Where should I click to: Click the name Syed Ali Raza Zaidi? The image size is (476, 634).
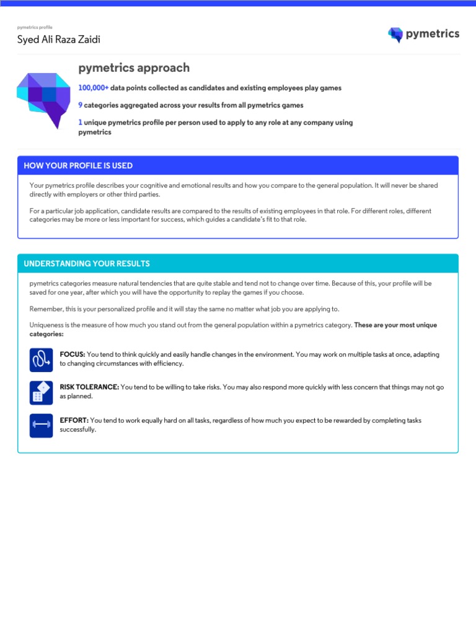pos(58,40)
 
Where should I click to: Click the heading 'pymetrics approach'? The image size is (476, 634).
pos(134,68)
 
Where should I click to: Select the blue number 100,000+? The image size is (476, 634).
pos(94,88)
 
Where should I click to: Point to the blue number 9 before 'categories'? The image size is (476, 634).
pos(81,105)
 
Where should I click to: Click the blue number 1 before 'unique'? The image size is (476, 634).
pos(81,123)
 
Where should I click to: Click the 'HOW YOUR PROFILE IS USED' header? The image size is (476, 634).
pos(78,166)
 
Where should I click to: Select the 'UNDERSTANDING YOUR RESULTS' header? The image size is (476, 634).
pos(87,264)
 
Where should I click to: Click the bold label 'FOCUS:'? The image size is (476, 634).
pos(73,355)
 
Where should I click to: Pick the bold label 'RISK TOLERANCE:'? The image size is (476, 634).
pos(89,387)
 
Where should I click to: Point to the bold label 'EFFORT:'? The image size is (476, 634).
pos(74,420)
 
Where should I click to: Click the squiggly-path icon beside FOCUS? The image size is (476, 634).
pos(41,359)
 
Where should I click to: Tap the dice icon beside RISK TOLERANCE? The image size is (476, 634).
pos(41,392)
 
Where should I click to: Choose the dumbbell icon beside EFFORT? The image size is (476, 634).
pos(41,425)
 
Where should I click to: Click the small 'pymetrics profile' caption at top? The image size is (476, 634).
pos(35,27)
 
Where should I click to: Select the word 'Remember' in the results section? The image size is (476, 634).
pos(45,309)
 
